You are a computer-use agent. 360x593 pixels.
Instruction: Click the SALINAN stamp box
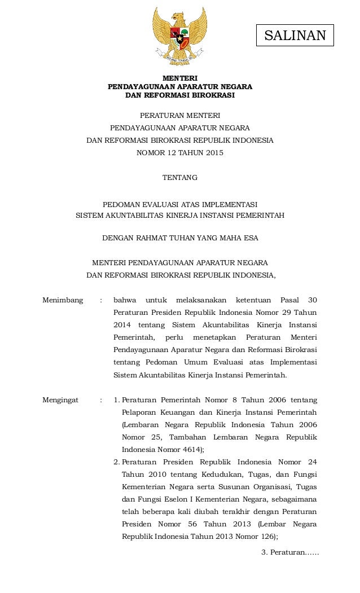[295, 36]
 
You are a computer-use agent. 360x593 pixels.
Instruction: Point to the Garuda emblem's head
[179, 16]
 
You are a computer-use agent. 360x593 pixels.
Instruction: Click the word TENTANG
[180, 178]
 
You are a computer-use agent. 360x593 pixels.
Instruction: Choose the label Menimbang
[63, 300]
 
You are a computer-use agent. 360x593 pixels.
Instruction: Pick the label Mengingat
[60, 400]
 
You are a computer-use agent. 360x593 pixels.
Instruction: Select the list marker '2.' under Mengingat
[117, 462]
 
